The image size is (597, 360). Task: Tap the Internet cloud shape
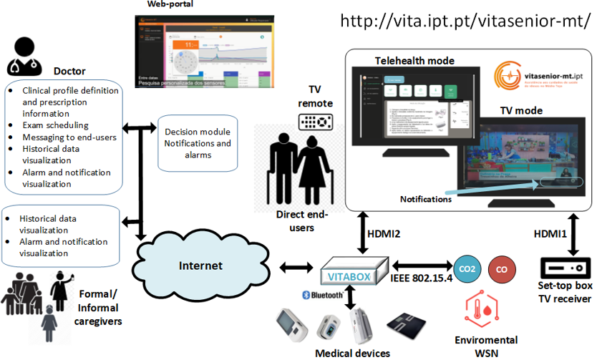pos(200,266)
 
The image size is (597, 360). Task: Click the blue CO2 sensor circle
pos(467,269)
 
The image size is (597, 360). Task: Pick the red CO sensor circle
pos(502,270)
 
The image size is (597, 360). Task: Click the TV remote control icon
pos(316,121)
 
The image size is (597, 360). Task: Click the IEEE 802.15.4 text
pos(422,278)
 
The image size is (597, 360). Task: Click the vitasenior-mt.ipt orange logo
pos(510,75)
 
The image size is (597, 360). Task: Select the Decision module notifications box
pos(197,143)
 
